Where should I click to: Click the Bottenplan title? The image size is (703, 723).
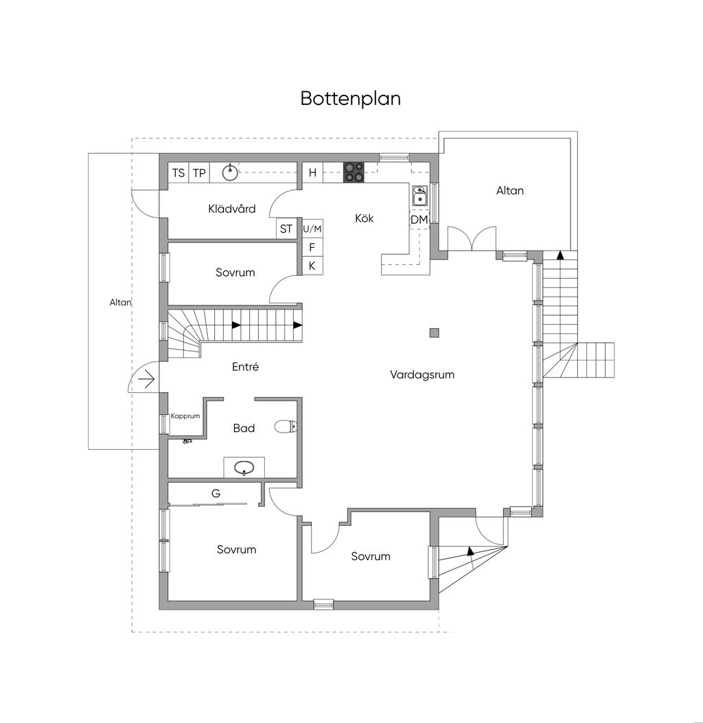[350, 98]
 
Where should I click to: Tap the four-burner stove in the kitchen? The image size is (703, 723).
[354, 172]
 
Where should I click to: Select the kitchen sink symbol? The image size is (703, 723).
[419, 197]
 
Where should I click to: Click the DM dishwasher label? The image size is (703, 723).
[419, 219]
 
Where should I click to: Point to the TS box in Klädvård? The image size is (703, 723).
[178, 173]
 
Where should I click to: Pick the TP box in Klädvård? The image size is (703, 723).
[199, 173]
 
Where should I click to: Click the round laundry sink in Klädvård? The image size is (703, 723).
[231, 172]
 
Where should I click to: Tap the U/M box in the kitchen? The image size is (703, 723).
[312, 229]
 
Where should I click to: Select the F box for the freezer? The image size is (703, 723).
[312, 247]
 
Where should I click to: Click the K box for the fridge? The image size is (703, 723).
[312, 266]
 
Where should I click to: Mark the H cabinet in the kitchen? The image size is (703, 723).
[312, 173]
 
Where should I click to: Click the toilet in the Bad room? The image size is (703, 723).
[284, 427]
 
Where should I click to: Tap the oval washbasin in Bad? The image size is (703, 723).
[244, 468]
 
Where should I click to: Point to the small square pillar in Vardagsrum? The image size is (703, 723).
[434, 333]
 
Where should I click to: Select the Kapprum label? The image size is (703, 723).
[185, 416]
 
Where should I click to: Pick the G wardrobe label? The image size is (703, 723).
[216, 493]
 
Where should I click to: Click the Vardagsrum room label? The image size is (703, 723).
[422, 375]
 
